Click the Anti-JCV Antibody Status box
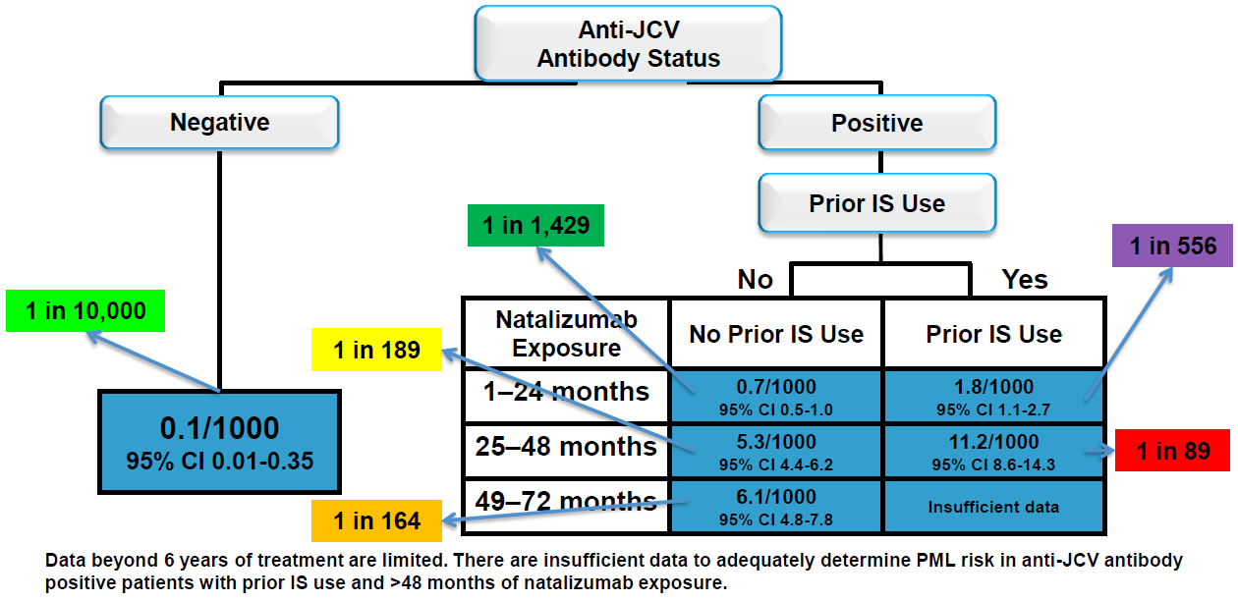tap(628, 44)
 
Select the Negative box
tap(219, 123)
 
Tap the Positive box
tap(876, 124)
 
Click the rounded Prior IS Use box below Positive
tap(876, 203)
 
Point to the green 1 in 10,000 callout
tap(85, 311)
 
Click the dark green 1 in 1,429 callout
tap(535, 225)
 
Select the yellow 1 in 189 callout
tap(377, 349)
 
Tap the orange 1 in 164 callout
tap(377, 520)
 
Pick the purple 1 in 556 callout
tap(1172, 246)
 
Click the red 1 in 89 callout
tap(1172, 451)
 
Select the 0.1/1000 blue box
tap(219, 441)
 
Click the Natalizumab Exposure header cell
tap(566, 334)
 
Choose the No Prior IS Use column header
tap(776, 334)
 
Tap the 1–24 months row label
tap(566, 392)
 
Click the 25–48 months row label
tap(566, 447)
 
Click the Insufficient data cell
tap(993, 507)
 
